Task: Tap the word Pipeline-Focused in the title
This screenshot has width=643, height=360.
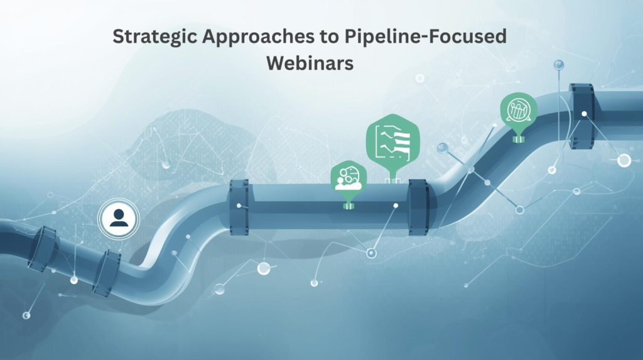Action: pyautogui.click(x=425, y=36)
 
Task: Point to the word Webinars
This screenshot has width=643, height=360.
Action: pyautogui.click(x=310, y=63)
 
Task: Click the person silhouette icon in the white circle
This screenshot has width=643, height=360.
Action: pyautogui.click(x=118, y=217)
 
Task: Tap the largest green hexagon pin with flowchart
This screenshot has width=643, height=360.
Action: pyautogui.click(x=392, y=140)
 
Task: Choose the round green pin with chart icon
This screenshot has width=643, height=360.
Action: pyautogui.click(x=519, y=111)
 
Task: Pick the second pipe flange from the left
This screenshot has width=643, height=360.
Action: pyautogui.click(x=107, y=273)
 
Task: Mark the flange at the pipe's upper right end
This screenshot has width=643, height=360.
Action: pyautogui.click(x=581, y=116)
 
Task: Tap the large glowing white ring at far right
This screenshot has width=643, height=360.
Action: pyautogui.click(x=624, y=160)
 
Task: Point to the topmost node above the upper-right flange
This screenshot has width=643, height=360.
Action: pyautogui.click(x=558, y=65)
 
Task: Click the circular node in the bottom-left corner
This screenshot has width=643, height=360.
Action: pyautogui.click(x=26, y=315)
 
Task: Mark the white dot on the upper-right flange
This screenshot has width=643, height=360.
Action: pyautogui.click(x=585, y=114)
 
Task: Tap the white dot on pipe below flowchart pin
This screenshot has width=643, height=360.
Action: pyautogui.click(x=395, y=205)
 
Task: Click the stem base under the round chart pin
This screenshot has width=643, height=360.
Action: pyautogui.click(x=519, y=139)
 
